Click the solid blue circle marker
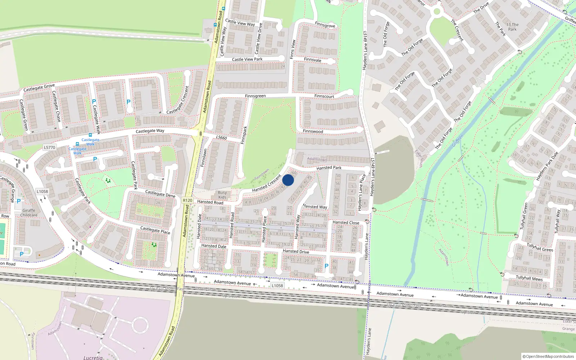pos(288,180)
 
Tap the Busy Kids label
pos(222,195)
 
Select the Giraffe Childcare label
pos(29,213)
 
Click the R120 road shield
pos(188,201)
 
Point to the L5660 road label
pos(221,138)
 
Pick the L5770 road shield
pos(49,147)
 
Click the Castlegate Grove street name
pos(39,87)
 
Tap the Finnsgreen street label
pos(255,96)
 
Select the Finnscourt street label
pos(324,96)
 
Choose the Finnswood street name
pos(313,131)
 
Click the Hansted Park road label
pos(329,168)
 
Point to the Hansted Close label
pos(346,222)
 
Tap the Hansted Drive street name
pos(296,251)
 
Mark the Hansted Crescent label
pos(266,183)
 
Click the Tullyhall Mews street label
pos(529,278)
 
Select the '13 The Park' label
pos(512,27)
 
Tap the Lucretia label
pos(93,357)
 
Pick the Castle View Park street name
pos(247,59)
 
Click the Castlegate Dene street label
pos(160,194)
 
